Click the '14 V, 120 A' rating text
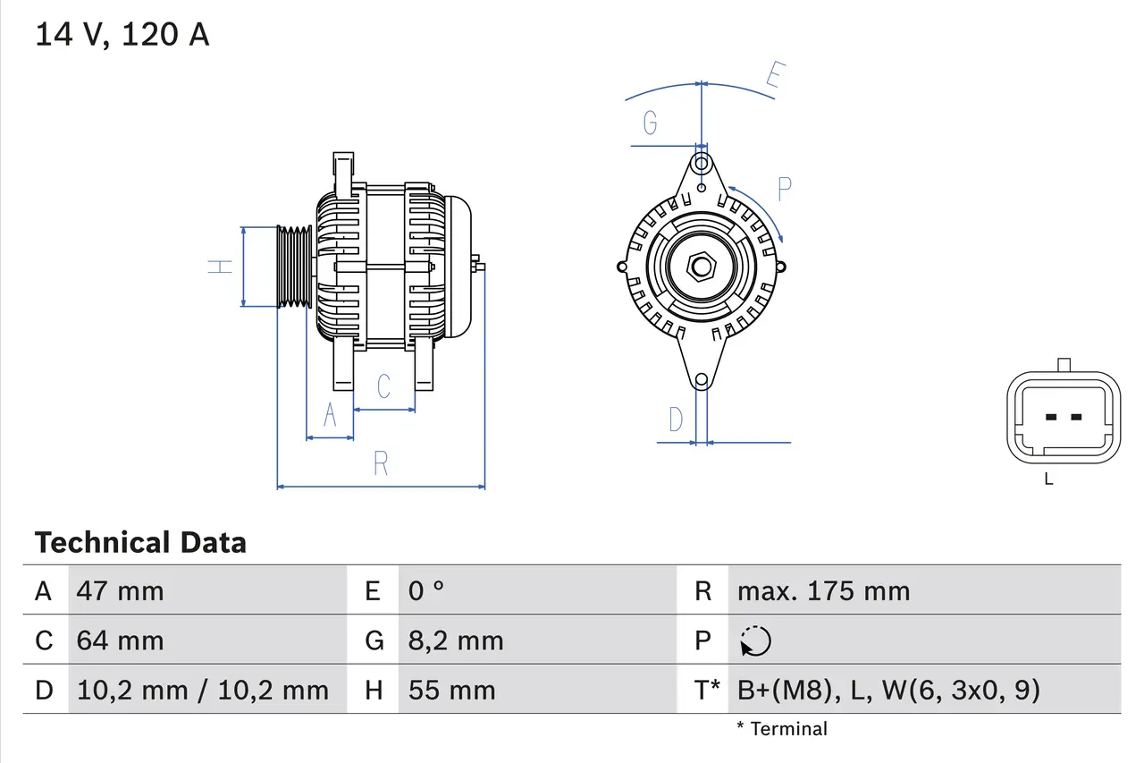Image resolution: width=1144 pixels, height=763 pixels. (122, 34)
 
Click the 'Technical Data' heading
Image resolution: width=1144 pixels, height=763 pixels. (140, 542)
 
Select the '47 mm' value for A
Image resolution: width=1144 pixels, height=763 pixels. (120, 590)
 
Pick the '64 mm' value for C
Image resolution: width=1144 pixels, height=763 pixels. (120, 640)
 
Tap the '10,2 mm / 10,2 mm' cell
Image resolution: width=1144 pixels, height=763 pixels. (202, 690)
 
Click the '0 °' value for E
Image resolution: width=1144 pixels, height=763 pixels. (426, 590)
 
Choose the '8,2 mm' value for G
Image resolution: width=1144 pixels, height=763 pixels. (456, 640)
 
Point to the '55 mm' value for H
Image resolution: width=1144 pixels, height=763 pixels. (451, 690)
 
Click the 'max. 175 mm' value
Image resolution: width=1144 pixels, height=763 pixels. (823, 590)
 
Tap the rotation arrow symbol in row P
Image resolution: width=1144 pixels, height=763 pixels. (755, 640)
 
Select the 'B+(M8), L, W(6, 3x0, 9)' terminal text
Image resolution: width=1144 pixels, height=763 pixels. (888, 690)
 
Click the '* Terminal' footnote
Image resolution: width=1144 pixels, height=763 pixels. (782, 729)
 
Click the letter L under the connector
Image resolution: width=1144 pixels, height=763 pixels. (1048, 479)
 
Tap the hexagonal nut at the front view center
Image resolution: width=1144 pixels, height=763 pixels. (702, 267)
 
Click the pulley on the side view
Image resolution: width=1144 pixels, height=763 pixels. (291, 267)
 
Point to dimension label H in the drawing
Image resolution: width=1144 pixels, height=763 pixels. (220, 266)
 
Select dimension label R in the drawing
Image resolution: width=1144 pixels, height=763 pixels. (381, 463)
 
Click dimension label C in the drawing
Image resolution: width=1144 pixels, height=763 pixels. (384, 386)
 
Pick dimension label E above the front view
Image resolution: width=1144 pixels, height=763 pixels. (774, 78)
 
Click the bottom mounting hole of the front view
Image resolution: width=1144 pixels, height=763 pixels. (702, 380)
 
